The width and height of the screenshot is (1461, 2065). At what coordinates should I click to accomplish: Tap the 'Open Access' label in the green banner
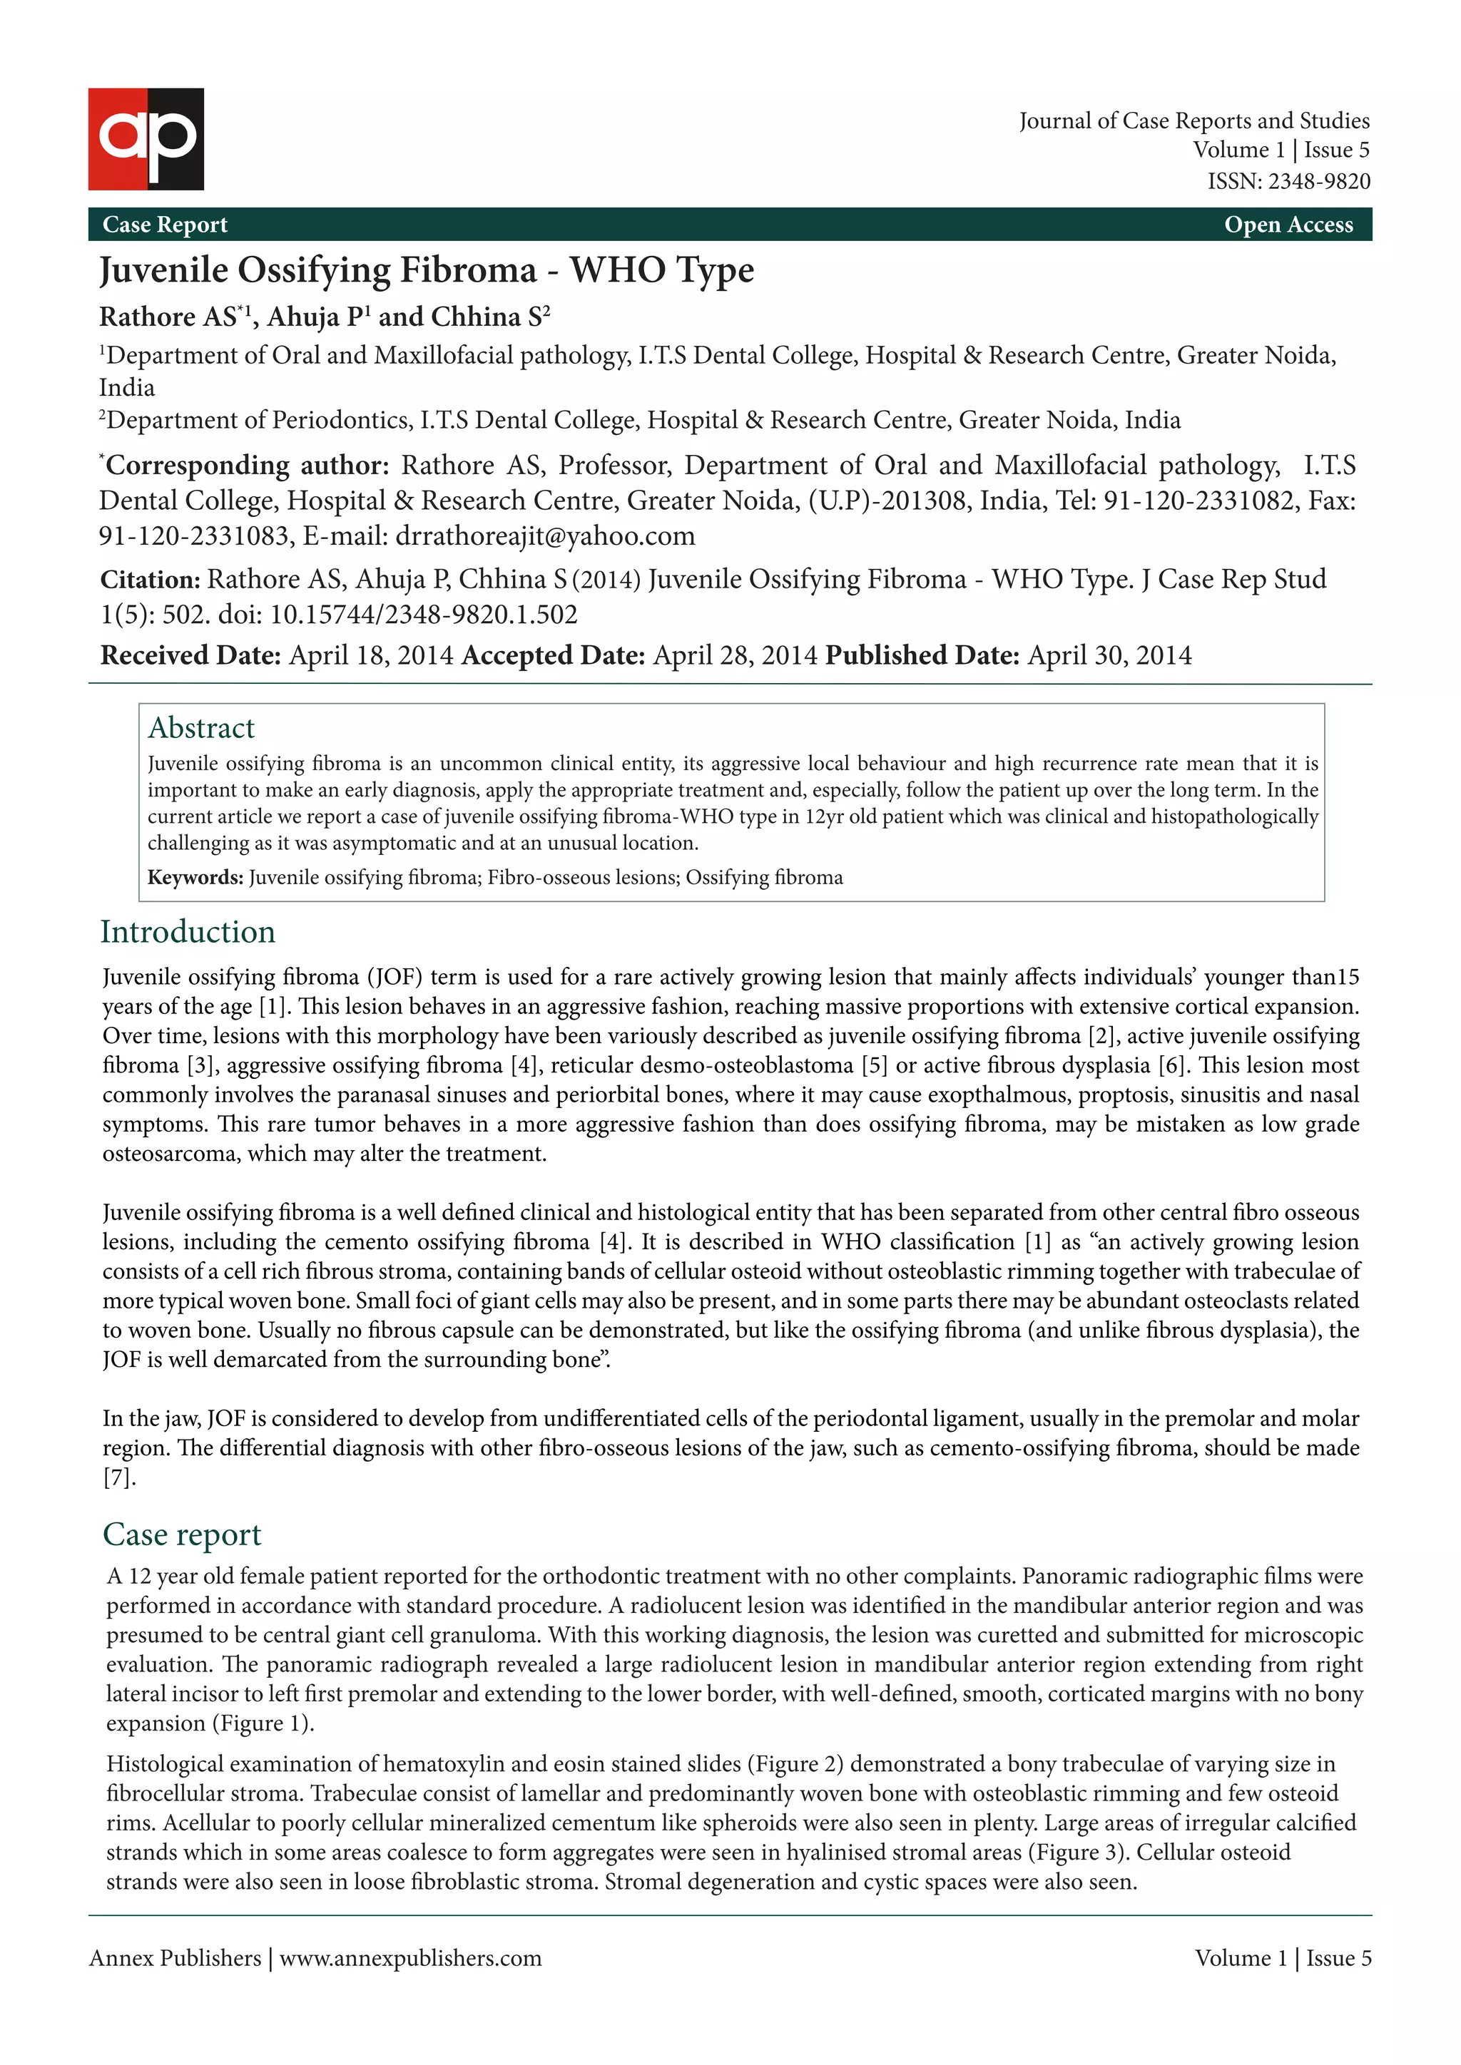click(1288, 225)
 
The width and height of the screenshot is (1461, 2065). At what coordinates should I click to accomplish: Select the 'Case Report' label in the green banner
click(165, 225)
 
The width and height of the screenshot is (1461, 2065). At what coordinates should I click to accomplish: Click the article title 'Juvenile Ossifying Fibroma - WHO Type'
click(427, 270)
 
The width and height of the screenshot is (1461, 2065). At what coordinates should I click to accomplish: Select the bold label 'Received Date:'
click(190, 656)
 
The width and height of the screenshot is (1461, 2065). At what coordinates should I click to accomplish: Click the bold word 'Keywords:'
click(195, 878)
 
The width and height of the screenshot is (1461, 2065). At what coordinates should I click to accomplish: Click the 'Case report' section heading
click(182, 1534)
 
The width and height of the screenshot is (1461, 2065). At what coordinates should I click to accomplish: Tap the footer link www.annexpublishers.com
click(410, 1959)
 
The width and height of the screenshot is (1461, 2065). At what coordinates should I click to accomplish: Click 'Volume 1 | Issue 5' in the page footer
click(1282, 1959)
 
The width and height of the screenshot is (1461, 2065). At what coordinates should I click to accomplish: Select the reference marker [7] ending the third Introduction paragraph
click(118, 1477)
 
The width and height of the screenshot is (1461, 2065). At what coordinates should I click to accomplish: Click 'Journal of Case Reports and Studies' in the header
click(1193, 121)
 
